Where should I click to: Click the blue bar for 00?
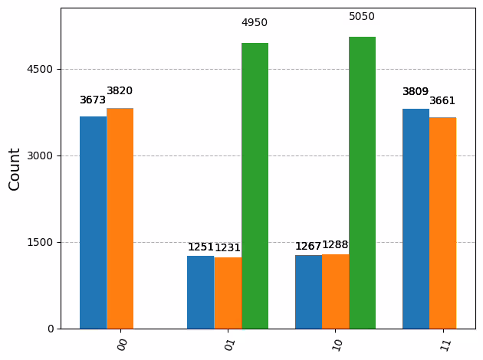click(93, 222)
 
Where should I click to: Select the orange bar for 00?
click(120, 218)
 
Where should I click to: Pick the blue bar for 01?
click(201, 292)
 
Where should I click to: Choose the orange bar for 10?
click(335, 291)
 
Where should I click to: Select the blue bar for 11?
click(416, 218)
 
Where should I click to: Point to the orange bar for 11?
click(442, 223)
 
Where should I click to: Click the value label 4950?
click(255, 23)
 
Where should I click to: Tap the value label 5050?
click(362, 17)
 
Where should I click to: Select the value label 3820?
click(120, 91)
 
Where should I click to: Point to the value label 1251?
click(201, 247)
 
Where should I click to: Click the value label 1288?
click(335, 245)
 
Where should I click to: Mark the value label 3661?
click(442, 101)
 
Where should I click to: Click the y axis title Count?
click(15, 169)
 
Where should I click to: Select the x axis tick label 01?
click(229, 345)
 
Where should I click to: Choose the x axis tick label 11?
click(444, 345)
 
